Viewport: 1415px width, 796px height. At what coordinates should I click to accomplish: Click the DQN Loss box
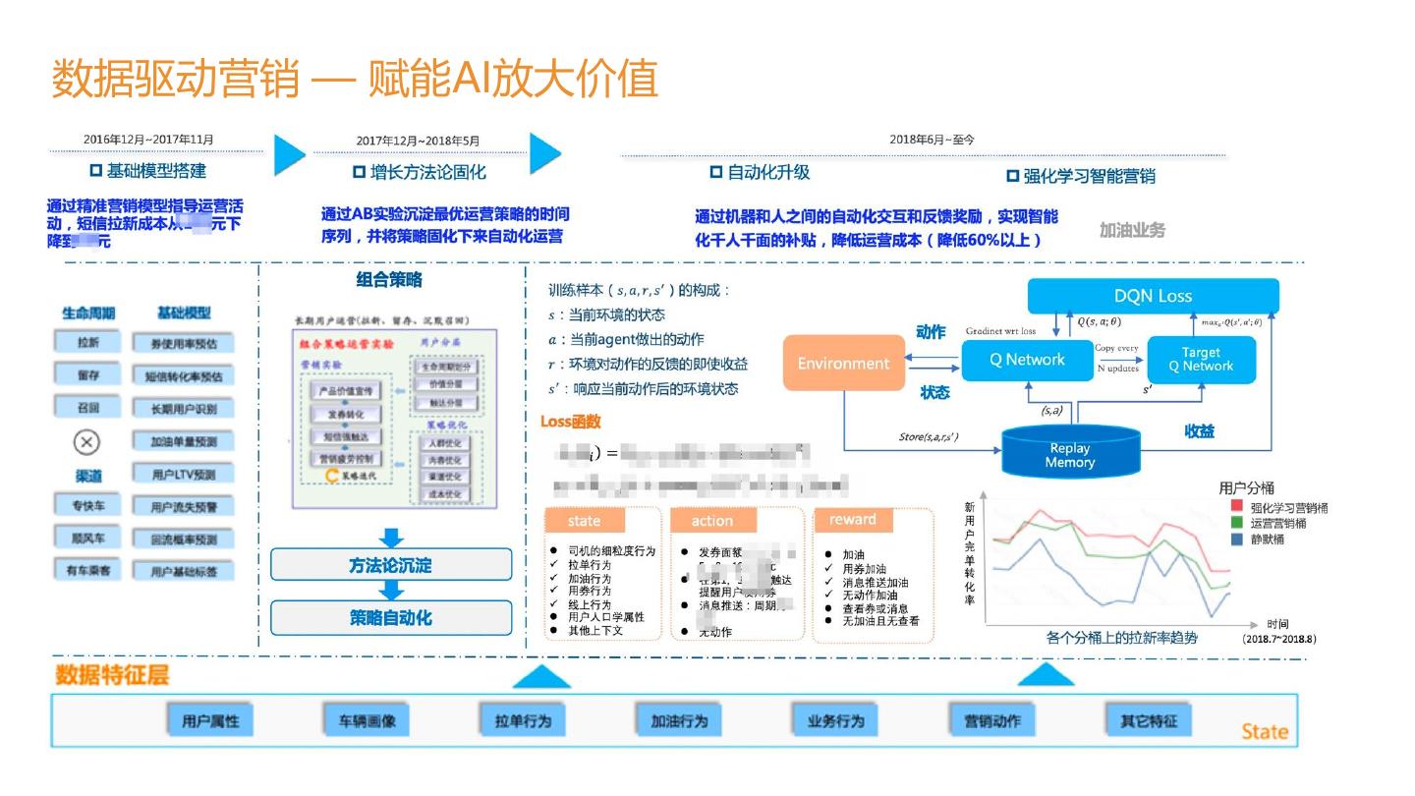(1153, 296)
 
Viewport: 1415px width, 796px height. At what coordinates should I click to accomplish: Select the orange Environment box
(843, 364)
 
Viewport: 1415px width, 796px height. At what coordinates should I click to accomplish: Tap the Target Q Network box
(1201, 360)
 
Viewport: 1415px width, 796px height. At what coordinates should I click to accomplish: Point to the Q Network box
(1027, 360)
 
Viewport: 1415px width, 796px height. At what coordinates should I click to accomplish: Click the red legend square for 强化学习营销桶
(1236, 507)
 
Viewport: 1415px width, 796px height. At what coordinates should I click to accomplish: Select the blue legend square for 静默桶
(1236, 540)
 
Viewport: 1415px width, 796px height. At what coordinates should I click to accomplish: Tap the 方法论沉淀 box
(391, 565)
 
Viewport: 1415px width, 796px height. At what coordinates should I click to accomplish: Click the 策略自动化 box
(391, 617)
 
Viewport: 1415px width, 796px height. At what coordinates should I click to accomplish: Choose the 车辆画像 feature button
(361, 720)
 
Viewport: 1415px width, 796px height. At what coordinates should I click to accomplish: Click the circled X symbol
(87, 442)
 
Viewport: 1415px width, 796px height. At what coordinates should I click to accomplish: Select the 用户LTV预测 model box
(184, 475)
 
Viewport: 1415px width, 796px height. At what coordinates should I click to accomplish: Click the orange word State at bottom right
(1264, 731)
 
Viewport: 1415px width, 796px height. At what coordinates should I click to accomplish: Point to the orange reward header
(852, 520)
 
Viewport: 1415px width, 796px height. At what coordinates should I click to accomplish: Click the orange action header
(711, 521)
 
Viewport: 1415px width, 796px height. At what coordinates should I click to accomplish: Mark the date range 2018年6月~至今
(932, 140)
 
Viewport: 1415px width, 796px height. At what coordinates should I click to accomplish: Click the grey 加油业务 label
(1132, 230)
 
